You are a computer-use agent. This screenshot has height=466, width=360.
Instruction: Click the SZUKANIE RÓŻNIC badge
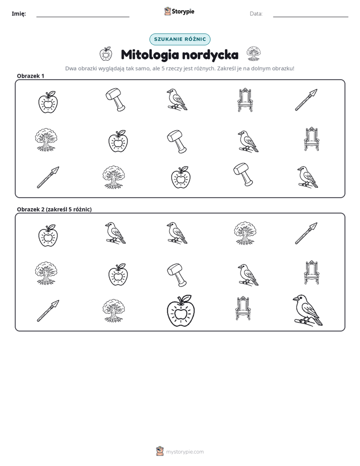(179, 39)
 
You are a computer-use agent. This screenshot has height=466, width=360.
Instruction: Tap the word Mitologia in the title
(150, 54)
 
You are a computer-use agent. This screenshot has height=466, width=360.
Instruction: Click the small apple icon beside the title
(106, 54)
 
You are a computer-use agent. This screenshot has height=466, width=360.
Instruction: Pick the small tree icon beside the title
(254, 53)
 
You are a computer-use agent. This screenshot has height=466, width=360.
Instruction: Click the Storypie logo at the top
(179, 11)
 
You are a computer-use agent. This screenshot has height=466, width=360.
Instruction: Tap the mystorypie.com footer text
(185, 452)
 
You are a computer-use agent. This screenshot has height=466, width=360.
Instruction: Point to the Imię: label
(19, 14)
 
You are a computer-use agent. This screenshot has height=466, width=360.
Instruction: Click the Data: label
(256, 14)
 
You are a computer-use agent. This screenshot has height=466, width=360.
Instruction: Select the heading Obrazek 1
(31, 76)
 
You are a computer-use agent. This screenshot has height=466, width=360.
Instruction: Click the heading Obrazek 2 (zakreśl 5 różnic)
(54, 209)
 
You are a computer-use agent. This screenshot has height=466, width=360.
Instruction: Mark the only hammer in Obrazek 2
(177, 274)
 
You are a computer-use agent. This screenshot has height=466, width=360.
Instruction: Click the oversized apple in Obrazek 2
(181, 311)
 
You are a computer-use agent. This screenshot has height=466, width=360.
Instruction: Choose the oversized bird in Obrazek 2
(308, 310)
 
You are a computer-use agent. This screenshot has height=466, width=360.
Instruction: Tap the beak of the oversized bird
(295, 299)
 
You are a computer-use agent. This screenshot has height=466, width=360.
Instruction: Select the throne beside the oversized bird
(243, 308)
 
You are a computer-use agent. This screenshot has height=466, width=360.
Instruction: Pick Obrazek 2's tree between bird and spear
(245, 232)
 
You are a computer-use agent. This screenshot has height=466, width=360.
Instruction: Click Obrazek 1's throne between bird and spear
(245, 100)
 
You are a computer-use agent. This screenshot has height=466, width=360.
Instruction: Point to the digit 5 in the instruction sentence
(163, 69)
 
